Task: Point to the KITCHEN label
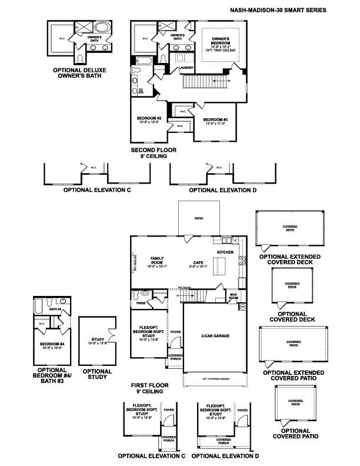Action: (x=225, y=252)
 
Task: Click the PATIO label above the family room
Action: (x=199, y=218)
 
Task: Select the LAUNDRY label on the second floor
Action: (x=186, y=68)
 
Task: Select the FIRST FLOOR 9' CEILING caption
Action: (x=150, y=388)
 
